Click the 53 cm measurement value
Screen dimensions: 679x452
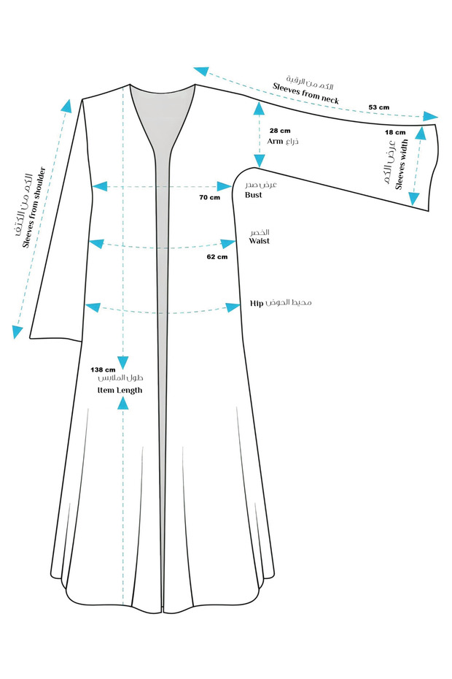378,107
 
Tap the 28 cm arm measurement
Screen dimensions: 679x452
280,130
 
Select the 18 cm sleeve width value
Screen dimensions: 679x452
394,133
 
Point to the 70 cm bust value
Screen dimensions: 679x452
209,197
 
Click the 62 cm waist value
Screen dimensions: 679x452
217,257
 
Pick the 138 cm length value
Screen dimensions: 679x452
104,369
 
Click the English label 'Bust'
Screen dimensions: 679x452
254,195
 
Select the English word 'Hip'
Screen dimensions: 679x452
256,302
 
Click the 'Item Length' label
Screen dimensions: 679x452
120,391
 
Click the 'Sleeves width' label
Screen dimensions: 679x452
402,165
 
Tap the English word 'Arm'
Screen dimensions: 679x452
275,141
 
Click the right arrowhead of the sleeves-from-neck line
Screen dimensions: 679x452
432,116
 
